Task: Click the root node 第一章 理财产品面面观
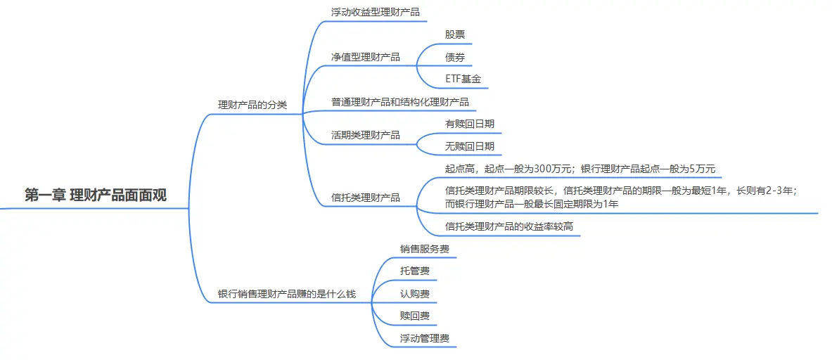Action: pos(96,195)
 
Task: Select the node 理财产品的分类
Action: pos(252,105)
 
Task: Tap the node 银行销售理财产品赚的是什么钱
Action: pos(287,294)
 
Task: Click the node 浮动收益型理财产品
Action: pos(375,12)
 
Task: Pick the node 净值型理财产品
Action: pos(366,57)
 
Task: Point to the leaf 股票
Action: pos(454,34)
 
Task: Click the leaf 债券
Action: pos(454,57)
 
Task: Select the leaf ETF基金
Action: pos(463,79)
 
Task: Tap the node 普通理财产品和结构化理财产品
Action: pos(400,102)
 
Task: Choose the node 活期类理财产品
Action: pos(366,135)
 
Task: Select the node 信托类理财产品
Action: pos(366,198)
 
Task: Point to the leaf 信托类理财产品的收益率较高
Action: pos(509,226)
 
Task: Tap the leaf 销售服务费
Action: pos(425,249)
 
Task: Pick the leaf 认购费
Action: pos(415,293)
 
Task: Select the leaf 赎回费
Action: pos(415,316)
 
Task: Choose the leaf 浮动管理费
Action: pos(425,338)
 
